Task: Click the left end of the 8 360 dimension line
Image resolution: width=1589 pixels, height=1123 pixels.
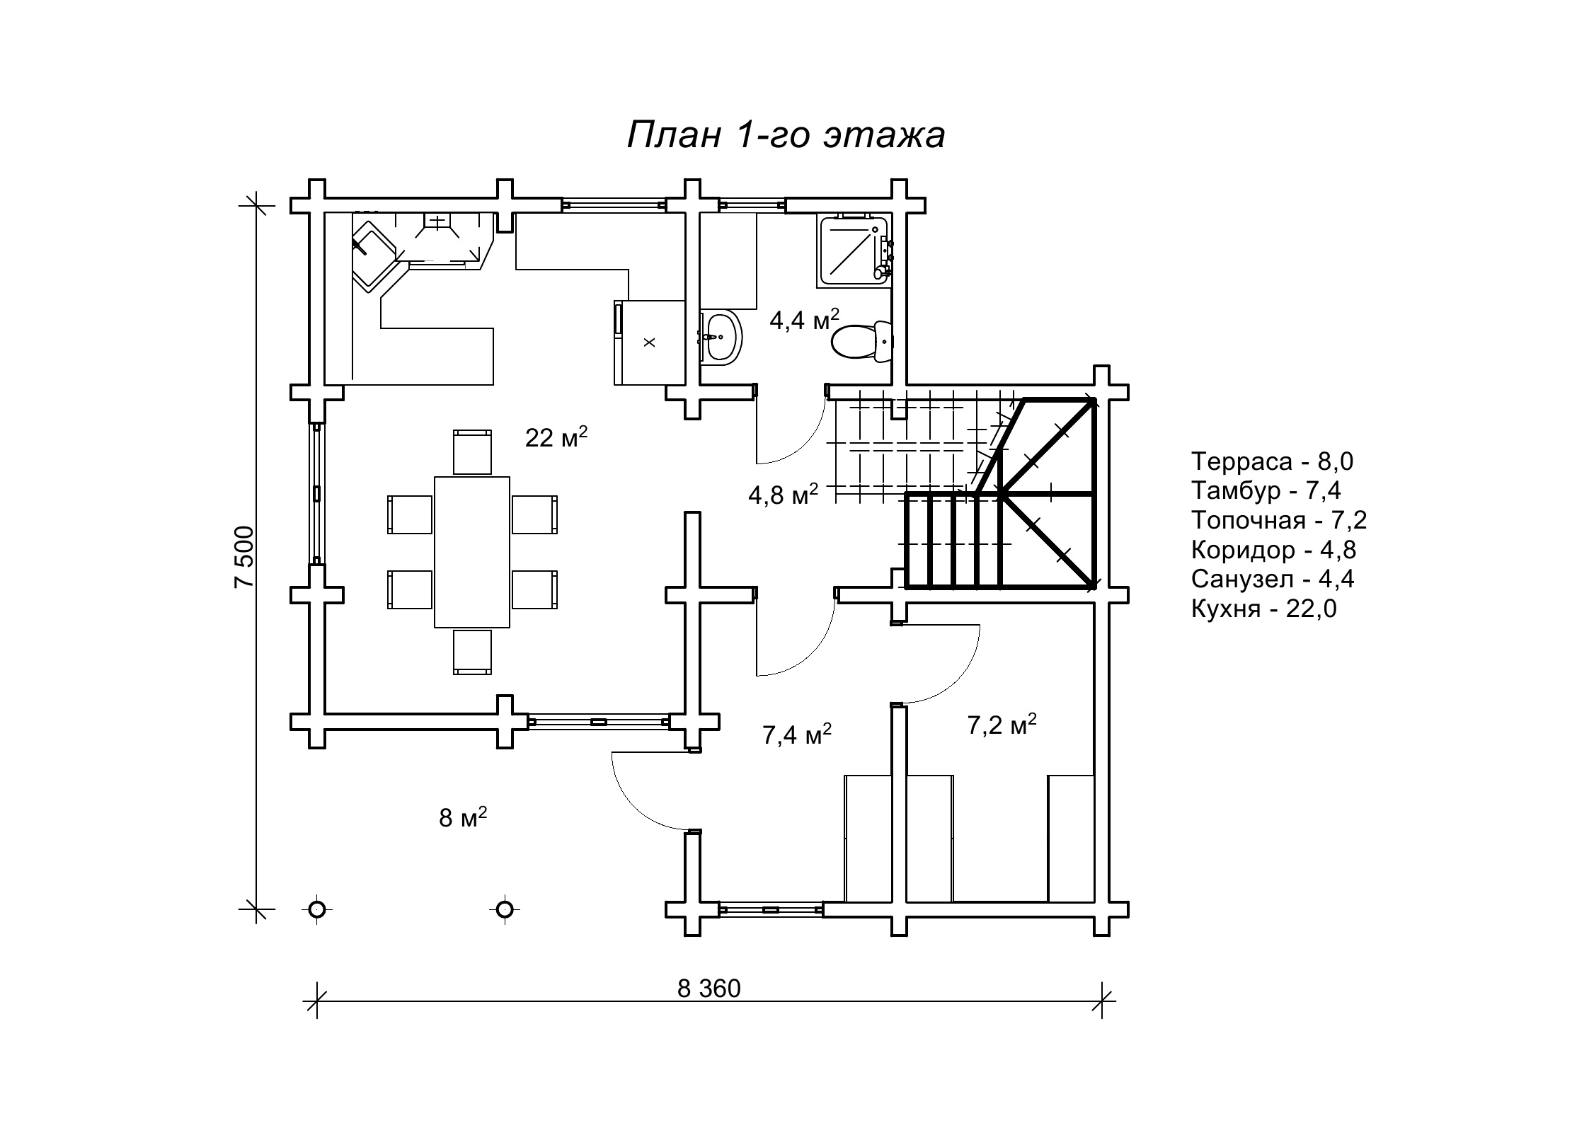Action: tap(317, 1001)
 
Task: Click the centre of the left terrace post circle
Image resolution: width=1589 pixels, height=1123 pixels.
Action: tap(317, 908)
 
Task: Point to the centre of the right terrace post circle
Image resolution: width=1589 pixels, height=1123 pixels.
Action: tap(504, 908)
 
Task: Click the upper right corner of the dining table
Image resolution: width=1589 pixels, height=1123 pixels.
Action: tap(510, 477)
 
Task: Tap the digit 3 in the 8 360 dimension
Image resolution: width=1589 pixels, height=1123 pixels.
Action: tap(701, 989)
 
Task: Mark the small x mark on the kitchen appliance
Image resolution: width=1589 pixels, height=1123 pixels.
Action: tap(650, 342)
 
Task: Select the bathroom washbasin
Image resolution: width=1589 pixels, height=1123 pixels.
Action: tap(722, 338)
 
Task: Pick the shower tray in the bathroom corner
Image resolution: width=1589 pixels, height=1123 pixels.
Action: tap(854, 250)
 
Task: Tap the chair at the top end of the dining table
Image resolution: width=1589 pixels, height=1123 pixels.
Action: tap(472, 451)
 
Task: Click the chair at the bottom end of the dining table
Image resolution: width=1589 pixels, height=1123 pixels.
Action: tap(472, 652)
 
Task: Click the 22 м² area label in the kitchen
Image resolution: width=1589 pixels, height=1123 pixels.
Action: tap(556, 437)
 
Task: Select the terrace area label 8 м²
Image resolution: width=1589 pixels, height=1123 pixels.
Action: tap(463, 817)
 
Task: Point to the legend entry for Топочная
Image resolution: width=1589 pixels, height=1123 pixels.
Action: tap(1279, 520)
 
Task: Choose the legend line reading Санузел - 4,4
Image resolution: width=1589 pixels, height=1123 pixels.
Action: tap(1273, 579)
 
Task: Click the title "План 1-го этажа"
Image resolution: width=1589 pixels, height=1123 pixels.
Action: tap(786, 134)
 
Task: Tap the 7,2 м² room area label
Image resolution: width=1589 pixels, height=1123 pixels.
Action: tap(1002, 724)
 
